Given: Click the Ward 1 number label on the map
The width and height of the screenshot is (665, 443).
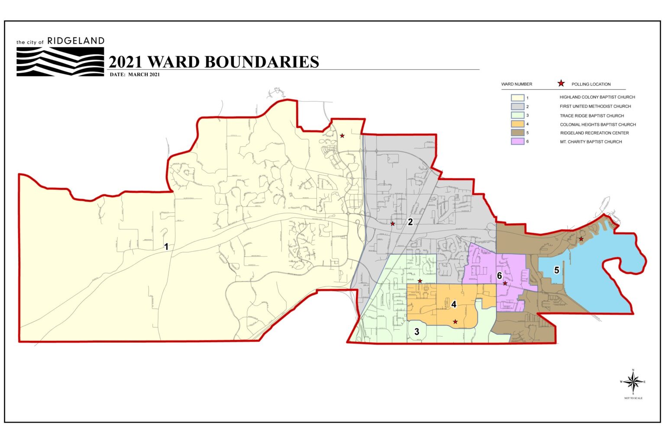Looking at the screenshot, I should [x=166, y=247].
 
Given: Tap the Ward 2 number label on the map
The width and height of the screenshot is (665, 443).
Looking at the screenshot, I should [x=410, y=222].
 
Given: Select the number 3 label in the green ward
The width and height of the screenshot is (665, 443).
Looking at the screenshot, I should [x=416, y=332].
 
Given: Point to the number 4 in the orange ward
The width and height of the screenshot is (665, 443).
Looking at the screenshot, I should [x=454, y=305].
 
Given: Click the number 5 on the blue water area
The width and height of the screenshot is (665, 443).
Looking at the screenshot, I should [x=557, y=270].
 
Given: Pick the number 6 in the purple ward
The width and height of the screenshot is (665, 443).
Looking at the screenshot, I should [x=499, y=276].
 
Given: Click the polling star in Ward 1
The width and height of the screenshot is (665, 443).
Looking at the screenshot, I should [x=342, y=136].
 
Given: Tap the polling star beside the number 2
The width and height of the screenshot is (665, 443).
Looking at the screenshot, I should [x=393, y=224].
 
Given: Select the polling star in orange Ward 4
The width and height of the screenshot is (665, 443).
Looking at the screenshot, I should [x=455, y=321].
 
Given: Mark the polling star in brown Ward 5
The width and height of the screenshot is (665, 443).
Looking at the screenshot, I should [x=581, y=239].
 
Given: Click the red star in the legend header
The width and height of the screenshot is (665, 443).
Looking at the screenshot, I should [x=561, y=83].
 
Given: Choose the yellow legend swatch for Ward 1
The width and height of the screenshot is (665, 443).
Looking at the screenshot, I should [x=517, y=98].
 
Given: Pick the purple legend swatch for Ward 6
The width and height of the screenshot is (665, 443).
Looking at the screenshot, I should [x=517, y=141].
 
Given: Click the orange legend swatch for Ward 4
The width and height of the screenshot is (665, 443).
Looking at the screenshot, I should [x=517, y=124].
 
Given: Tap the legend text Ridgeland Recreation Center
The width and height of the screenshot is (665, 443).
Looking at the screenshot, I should [x=594, y=133].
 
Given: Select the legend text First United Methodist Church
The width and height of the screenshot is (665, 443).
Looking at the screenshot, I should [x=595, y=106].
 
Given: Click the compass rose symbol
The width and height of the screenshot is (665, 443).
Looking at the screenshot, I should [x=633, y=382].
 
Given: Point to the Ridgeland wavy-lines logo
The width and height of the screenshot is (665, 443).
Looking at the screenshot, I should [x=60, y=61].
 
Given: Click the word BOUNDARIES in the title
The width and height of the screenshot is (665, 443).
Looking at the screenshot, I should [x=261, y=62].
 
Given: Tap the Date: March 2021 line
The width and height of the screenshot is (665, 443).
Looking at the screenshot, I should [x=135, y=74].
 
